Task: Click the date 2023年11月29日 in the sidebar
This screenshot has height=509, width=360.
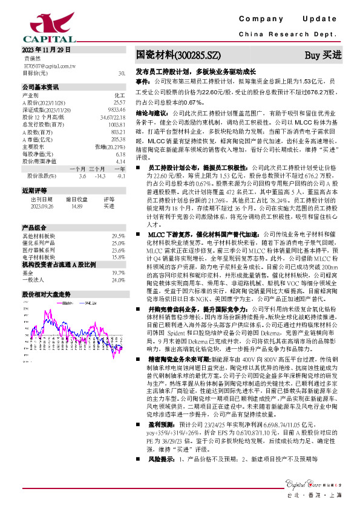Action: click(46, 50)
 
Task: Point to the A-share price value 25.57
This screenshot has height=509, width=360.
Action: click(119, 103)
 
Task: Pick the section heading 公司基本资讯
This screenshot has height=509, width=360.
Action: click(41, 87)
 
